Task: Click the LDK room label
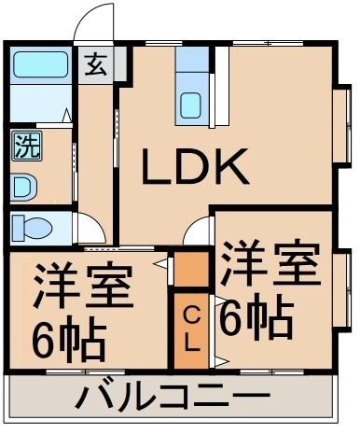click(x=195, y=166)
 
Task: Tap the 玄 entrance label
click(x=96, y=64)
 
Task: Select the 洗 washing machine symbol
click(x=27, y=146)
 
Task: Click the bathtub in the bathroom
click(x=41, y=64)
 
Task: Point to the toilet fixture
click(x=32, y=229)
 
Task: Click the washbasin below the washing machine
click(x=24, y=188)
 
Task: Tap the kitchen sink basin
click(x=190, y=105)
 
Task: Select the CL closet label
click(x=191, y=330)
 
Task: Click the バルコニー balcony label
click(x=172, y=396)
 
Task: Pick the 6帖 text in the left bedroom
click(x=69, y=337)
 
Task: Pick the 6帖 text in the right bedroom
click(x=256, y=316)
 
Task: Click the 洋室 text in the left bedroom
click(x=83, y=287)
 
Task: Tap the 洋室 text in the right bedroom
click(x=270, y=263)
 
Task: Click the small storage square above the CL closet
click(x=191, y=269)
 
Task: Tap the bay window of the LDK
click(x=342, y=123)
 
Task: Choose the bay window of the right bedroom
click(x=342, y=287)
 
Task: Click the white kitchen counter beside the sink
click(x=223, y=86)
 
